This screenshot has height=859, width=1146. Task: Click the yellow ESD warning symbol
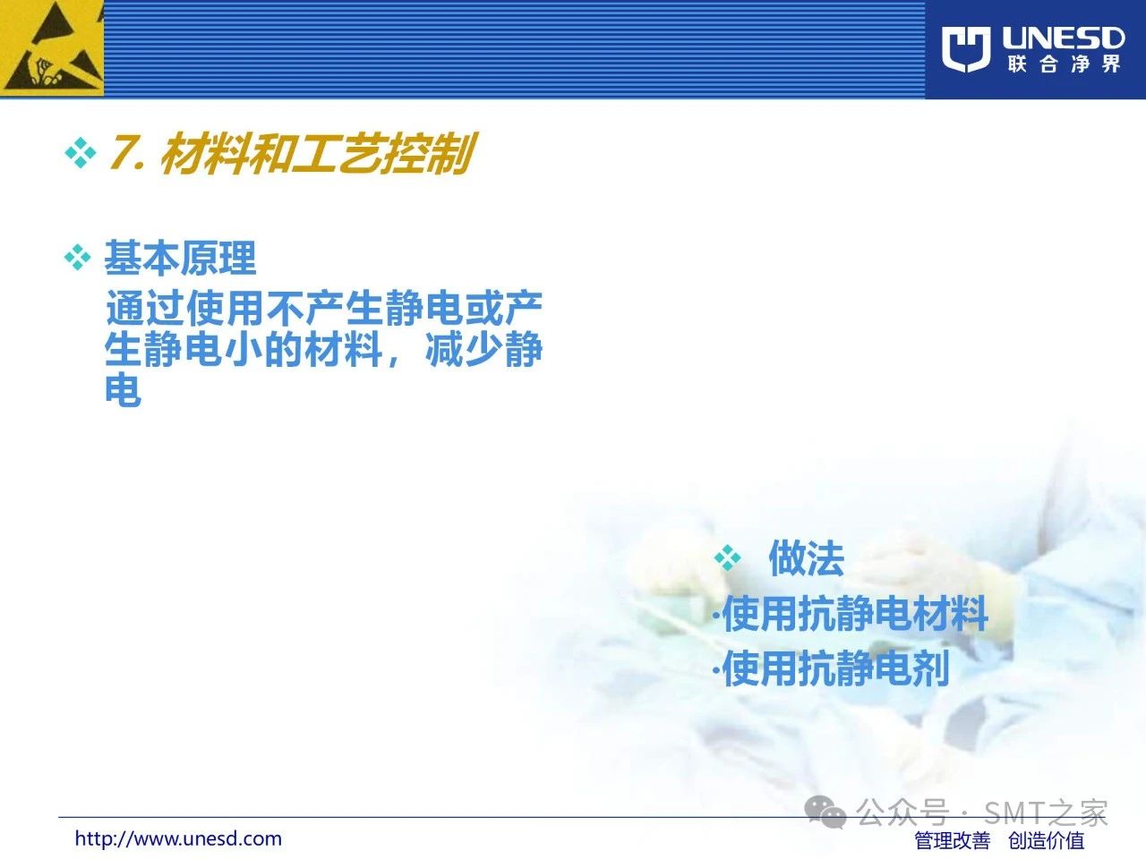pyautogui.click(x=52, y=48)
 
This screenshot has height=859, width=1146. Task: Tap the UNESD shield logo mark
pyautogui.click(x=966, y=49)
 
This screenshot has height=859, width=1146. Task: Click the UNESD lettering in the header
pyautogui.click(x=1064, y=38)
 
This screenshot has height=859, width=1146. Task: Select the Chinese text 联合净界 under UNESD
pyautogui.click(x=1064, y=64)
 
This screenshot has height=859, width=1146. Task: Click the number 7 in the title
pyautogui.click(x=122, y=152)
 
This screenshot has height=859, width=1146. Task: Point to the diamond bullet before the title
pyautogui.click(x=81, y=153)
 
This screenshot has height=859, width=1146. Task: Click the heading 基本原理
pyautogui.click(x=180, y=258)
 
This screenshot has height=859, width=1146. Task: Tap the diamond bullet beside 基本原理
pyautogui.click(x=78, y=258)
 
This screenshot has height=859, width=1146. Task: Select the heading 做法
pyautogui.click(x=806, y=558)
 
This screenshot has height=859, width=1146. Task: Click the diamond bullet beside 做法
pyautogui.click(x=728, y=558)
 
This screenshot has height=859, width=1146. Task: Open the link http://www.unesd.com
pyautogui.click(x=178, y=838)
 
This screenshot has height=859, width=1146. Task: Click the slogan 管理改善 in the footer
pyautogui.click(x=953, y=841)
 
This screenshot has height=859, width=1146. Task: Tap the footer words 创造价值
pyautogui.click(x=1047, y=841)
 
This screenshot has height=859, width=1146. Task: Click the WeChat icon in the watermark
pyautogui.click(x=825, y=812)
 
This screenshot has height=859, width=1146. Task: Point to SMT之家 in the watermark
pyautogui.click(x=1045, y=812)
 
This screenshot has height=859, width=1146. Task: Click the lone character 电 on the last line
pyautogui.click(x=124, y=388)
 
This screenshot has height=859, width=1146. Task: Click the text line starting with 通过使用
pyautogui.click(x=324, y=308)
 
